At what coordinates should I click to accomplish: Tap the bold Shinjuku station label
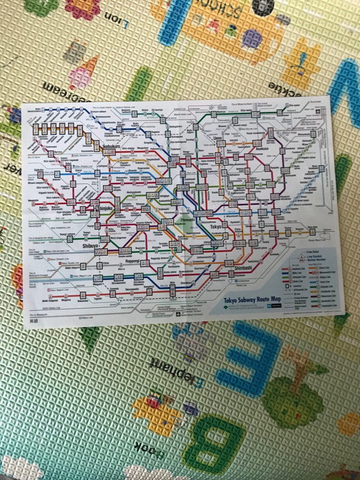pos(105,208)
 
